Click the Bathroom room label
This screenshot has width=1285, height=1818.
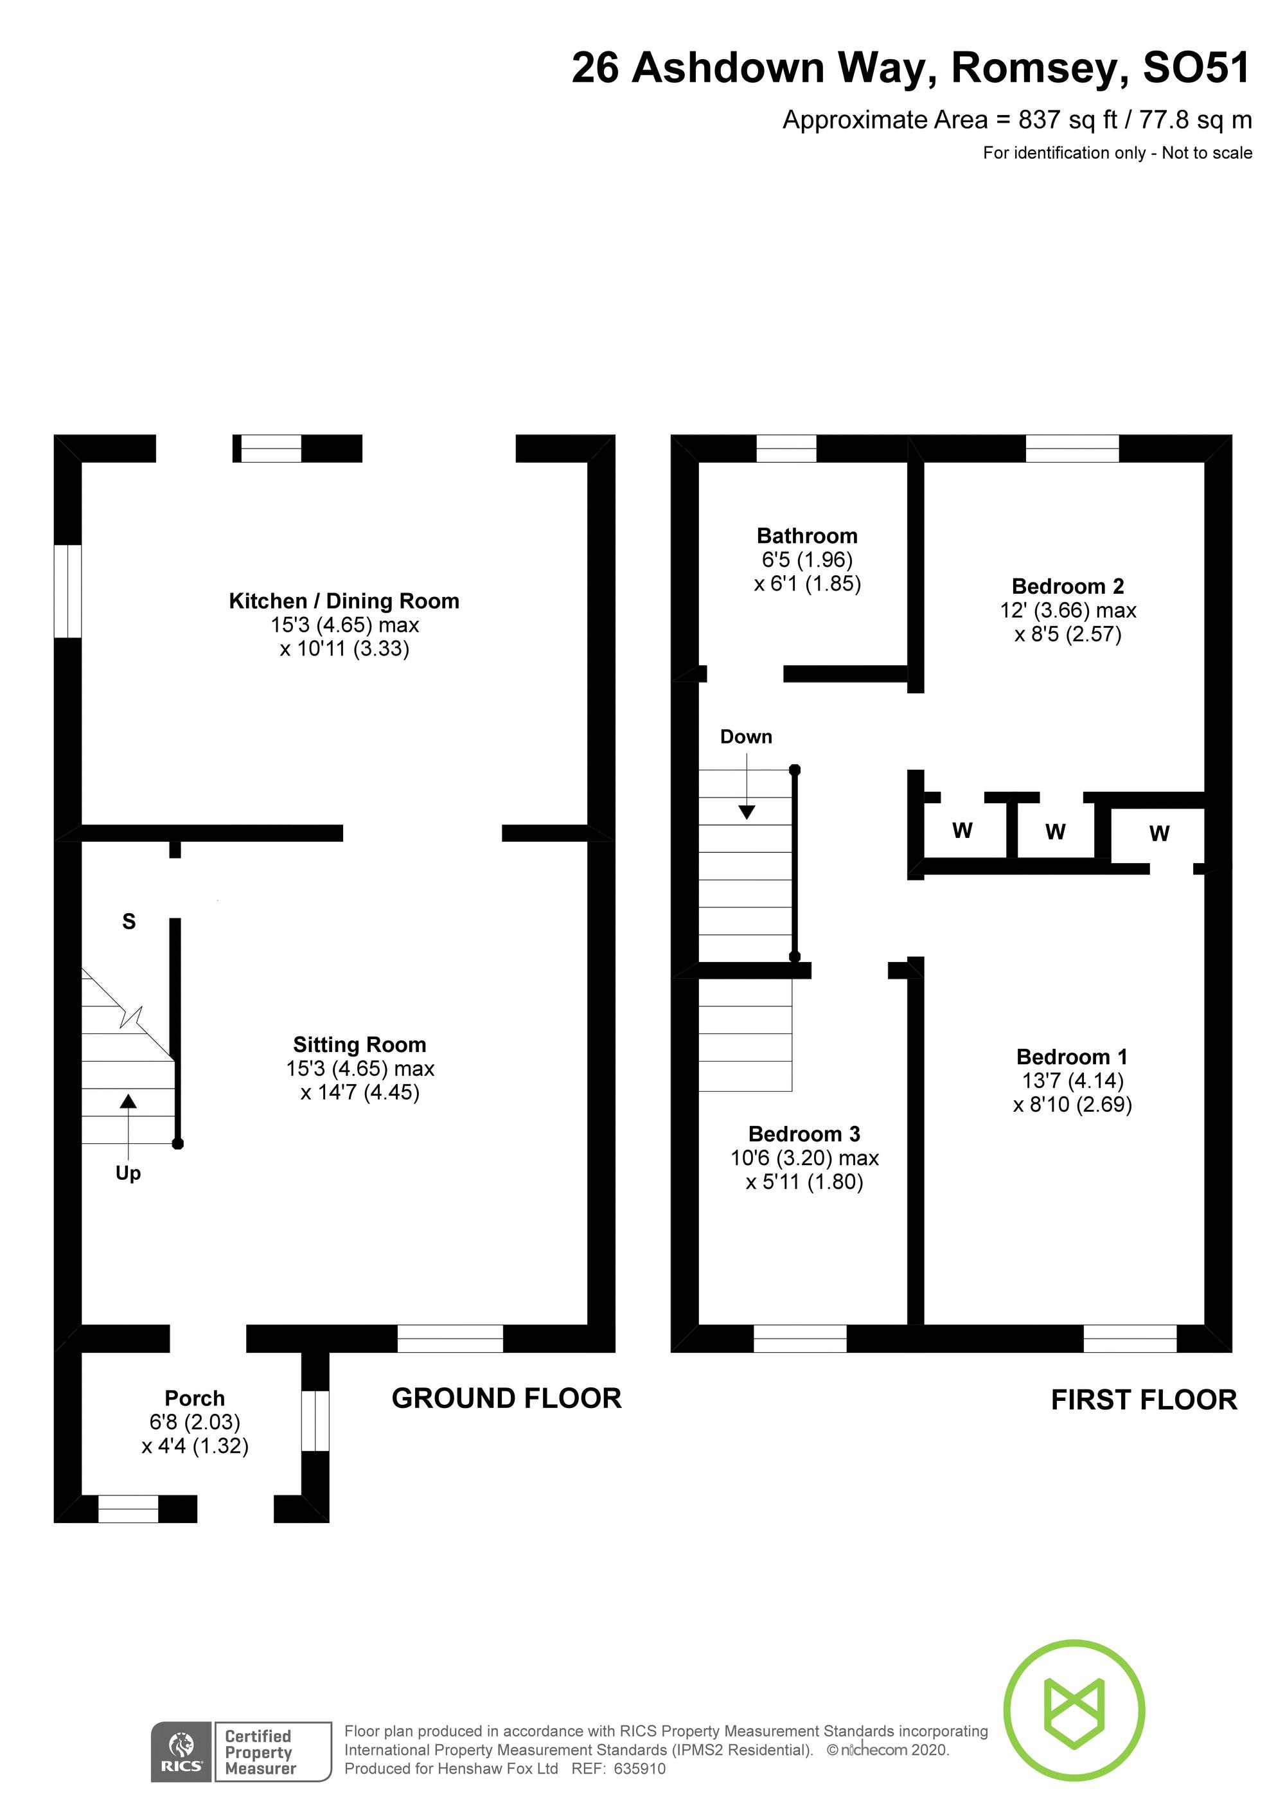pyautogui.click(x=807, y=536)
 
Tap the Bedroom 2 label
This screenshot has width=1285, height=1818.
pyautogui.click(x=1067, y=587)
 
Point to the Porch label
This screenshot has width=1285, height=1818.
pyautogui.click(x=195, y=1398)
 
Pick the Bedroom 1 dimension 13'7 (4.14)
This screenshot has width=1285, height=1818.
pyautogui.click(x=1072, y=1080)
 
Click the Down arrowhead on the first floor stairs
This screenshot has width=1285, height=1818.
pyautogui.click(x=747, y=812)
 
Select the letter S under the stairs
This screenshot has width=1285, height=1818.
pyautogui.click(x=129, y=922)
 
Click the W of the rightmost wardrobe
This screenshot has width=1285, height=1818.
pyautogui.click(x=1159, y=833)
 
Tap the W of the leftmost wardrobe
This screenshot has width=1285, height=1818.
pyautogui.click(x=962, y=831)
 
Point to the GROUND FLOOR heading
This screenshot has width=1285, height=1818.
pyautogui.click(x=507, y=1398)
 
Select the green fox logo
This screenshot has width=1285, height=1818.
pyautogui.click(x=1074, y=1709)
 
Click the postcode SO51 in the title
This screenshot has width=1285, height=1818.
pyautogui.click(x=1196, y=68)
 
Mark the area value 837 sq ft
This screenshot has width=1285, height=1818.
pyautogui.click(x=1068, y=120)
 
